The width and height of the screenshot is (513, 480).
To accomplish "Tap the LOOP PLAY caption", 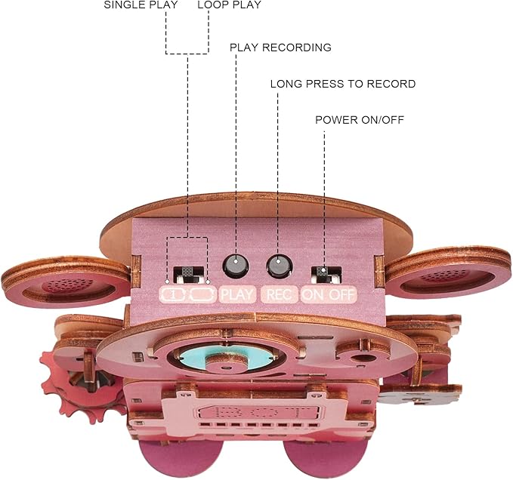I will pos(229,5).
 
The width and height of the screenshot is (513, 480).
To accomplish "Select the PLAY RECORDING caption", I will pos(280,48).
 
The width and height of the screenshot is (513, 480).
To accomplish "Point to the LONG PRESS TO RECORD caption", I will pos(342,84).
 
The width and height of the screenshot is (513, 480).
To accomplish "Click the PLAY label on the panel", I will pos(239,294).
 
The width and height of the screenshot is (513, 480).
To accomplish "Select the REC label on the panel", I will pos(280,294).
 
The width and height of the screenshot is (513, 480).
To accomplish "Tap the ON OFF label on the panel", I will pos(328,294).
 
